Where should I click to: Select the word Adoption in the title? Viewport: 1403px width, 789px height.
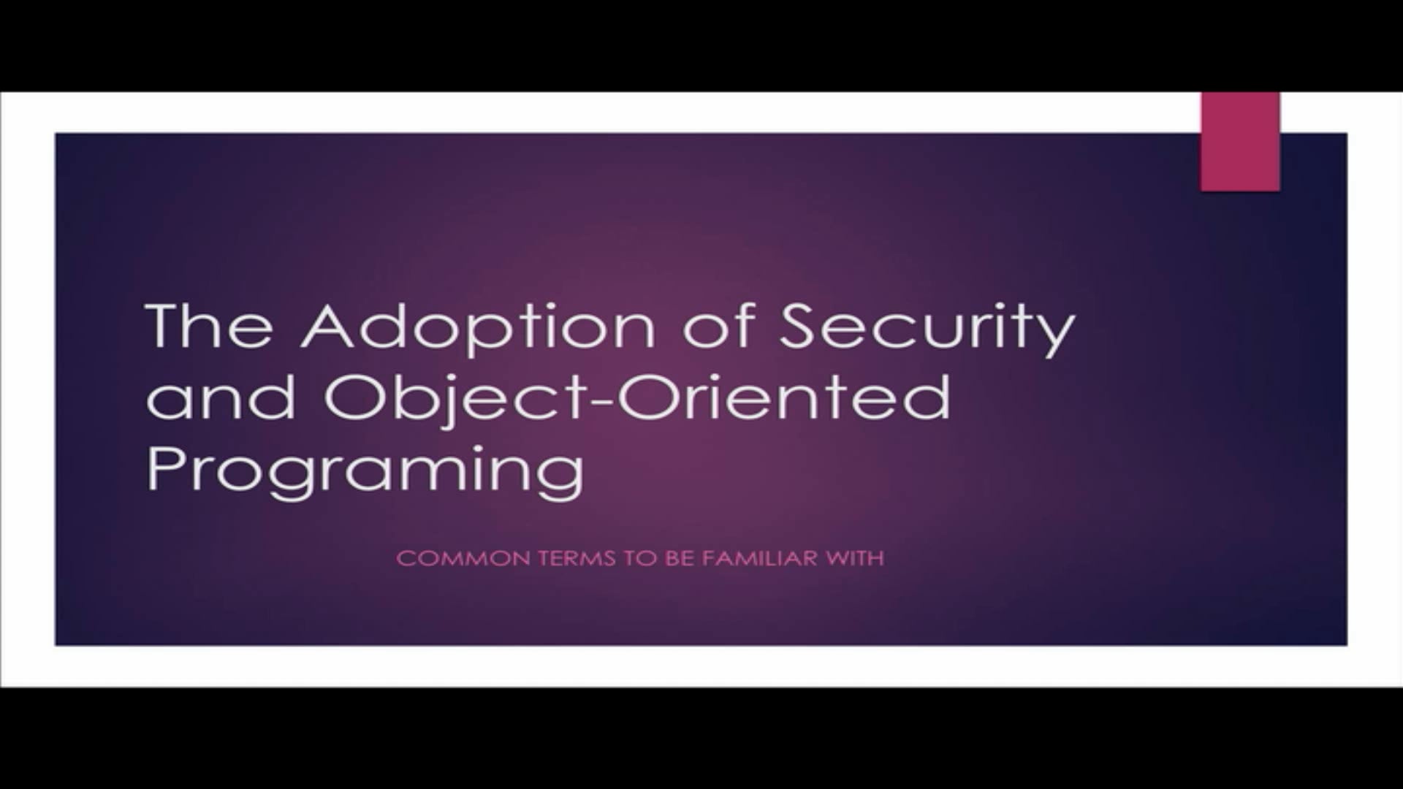479,327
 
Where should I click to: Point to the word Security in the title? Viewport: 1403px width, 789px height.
926,327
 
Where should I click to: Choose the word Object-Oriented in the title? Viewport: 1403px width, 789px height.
636,398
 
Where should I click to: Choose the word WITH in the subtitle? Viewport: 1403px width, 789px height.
855,559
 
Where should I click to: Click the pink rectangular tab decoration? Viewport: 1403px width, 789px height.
1240,142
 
